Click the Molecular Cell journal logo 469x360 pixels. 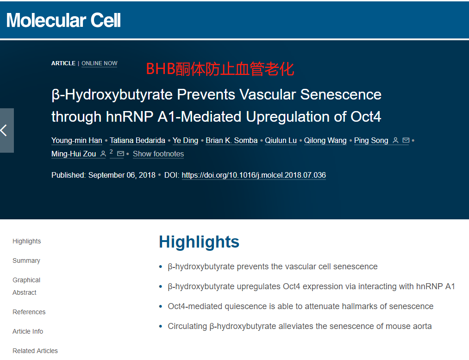point(63,20)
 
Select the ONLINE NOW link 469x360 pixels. point(99,63)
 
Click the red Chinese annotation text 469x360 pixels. point(220,69)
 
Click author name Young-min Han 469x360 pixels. point(76,141)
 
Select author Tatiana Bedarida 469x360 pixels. point(138,141)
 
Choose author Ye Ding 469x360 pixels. point(185,141)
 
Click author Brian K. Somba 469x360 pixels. point(231,141)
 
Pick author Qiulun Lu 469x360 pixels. point(281,141)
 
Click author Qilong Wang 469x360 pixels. point(325,141)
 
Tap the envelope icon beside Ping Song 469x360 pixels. point(406,140)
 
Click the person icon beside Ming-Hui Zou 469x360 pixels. point(103,154)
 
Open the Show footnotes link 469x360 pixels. point(158,154)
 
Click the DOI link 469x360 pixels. point(254,175)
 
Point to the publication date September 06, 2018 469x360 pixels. point(122,175)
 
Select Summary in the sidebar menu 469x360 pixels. point(26,261)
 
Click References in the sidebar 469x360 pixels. point(29,312)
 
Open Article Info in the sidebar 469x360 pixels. point(28,331)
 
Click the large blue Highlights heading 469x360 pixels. point(199,242)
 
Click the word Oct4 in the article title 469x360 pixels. point(365,117)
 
